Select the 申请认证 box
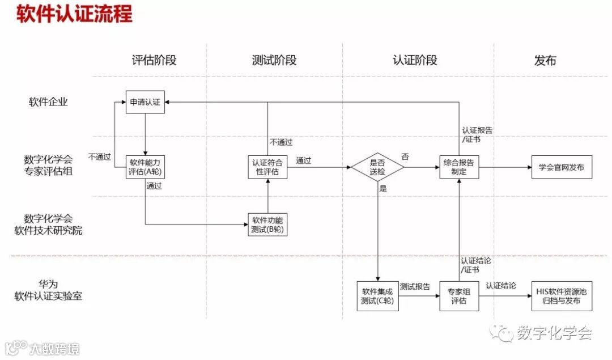[145, 103]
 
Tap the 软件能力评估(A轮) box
[145, 167]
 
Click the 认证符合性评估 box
[267, 167]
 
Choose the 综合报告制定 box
[459, 167]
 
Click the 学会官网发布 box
[561, 167]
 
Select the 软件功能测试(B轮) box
[267, 225]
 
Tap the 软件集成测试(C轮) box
[377, 295]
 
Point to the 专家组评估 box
[459, 295]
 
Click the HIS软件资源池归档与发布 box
[561, 295]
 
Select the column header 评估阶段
[154, 60]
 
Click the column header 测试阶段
[274, 60]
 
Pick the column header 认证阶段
[415, 60]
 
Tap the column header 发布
[545, 60]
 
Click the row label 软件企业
[49, 103]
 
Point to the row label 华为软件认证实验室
[49, 290]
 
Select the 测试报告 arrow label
[415, 287]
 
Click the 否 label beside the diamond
[405, 156]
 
